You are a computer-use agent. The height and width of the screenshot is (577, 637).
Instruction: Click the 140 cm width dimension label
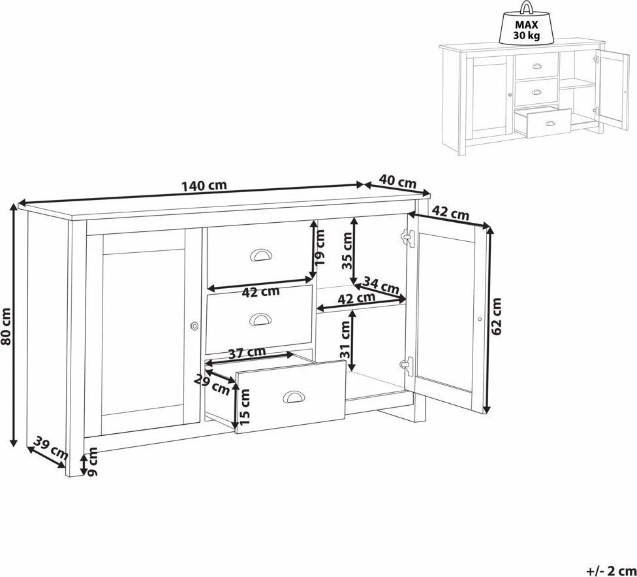point(204,186)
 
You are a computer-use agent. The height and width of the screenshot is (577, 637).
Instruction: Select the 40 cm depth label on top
point(397,181)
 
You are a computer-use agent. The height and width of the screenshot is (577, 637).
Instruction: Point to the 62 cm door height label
point(497,316)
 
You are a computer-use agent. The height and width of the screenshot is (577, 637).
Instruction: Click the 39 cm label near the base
point(50,448)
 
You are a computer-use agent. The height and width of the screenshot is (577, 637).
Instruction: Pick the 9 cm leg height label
point(93,461)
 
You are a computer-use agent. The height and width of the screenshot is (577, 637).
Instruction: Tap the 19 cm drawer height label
point(320,247)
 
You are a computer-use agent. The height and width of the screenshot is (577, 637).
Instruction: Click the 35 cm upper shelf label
point(347,250)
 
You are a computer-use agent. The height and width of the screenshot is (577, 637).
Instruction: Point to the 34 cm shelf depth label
point(381,285)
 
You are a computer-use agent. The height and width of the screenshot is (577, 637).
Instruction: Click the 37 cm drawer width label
point(247,353)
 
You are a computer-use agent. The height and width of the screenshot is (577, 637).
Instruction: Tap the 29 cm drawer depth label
point(212,385)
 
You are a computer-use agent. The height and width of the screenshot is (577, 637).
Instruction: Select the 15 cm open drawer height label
point(245,407)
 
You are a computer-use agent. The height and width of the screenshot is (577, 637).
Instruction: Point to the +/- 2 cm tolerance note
point(611,571)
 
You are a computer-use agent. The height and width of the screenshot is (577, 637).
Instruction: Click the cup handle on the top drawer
point(261,255)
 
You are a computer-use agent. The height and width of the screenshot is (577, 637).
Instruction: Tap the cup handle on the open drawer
point(293,397)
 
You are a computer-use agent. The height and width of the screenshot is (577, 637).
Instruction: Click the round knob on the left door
point(194,325)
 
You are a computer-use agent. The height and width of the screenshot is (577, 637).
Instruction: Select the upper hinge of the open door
point(407,237)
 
